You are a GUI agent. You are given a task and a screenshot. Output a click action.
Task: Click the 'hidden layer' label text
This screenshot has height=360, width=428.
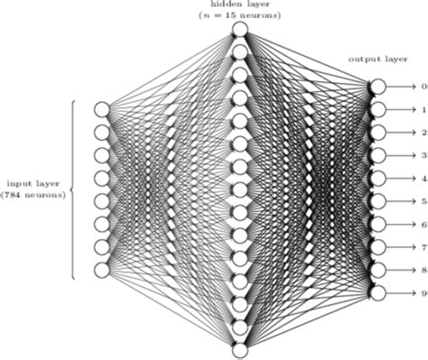tap(239, 5)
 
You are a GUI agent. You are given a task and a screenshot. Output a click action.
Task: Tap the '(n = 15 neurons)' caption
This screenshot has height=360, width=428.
tap(239, 15)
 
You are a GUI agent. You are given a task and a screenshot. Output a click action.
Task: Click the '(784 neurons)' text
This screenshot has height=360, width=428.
tap(33, 193)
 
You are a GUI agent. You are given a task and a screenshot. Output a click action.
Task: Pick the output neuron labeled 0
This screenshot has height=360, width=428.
tap(377, 86)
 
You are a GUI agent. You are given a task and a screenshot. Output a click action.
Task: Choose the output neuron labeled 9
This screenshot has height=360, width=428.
tap(377, 292)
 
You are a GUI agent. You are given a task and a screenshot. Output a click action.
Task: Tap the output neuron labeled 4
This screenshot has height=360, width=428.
tap(377, 178)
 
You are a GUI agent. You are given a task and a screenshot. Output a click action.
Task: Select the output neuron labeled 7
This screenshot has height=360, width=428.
tap(377, 246)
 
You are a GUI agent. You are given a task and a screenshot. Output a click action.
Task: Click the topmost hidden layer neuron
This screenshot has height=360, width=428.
tap(239, 30)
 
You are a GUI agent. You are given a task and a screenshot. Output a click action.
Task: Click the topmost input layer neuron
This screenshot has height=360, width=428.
tap(102, 109)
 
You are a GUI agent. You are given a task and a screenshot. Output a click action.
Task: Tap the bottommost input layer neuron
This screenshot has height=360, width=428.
tap(102, 270)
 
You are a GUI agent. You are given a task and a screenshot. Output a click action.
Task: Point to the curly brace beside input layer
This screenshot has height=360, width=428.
tap(71, 189)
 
